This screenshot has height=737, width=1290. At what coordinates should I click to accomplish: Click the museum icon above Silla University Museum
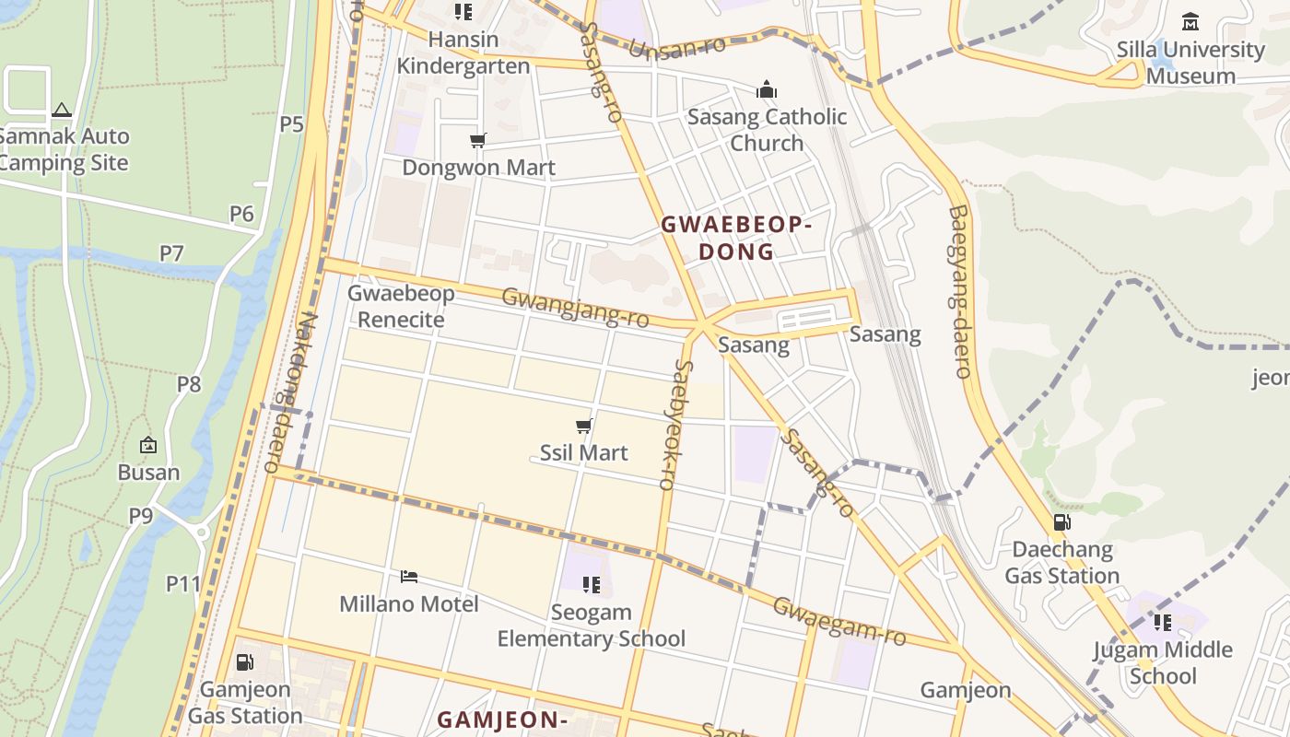tap(1190, 21)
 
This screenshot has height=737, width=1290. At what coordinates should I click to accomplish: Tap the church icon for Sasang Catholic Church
tap(767, 89)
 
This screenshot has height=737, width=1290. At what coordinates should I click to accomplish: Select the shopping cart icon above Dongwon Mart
tap(477, 140)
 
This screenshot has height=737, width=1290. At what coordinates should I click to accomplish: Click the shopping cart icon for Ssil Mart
tap(583, 426)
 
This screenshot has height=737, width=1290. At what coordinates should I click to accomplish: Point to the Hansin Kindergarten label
tap(463, 53)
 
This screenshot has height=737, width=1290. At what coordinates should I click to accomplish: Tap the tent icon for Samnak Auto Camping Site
tap(62, 110)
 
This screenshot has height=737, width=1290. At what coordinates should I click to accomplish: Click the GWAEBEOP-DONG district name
tap(735, 238)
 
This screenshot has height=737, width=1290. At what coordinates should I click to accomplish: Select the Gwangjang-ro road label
tap(575, 308)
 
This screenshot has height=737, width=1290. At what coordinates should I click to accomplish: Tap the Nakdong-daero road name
tap(291, 392)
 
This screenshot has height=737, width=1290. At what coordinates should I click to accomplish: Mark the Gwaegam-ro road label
tap(839, 621)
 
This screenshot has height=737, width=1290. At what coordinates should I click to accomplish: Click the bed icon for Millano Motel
tap(409, 578)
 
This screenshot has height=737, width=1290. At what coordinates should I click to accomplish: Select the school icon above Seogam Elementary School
tap(592, 585)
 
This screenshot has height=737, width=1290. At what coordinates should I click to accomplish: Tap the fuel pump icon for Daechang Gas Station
tap(1061, 522)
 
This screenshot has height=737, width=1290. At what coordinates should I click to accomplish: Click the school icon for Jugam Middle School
tap(1163, 623)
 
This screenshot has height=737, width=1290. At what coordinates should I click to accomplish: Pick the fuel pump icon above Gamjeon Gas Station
tap(244, 662)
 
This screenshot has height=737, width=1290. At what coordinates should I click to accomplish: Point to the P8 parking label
tap(188, 383)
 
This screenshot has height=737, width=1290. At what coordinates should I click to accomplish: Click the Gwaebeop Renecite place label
tap(401, 307)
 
